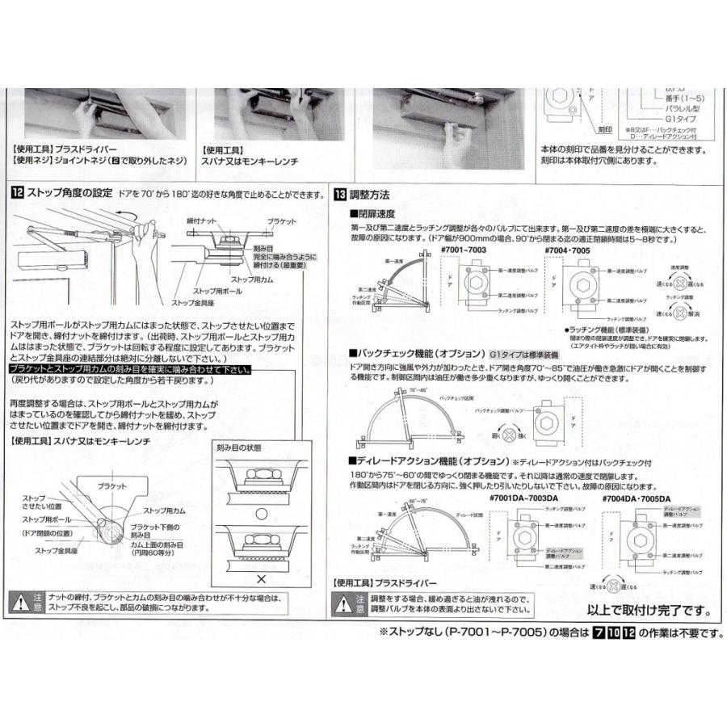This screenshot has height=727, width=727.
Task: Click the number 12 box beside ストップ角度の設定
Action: pyautogui.click(x=18, y=194)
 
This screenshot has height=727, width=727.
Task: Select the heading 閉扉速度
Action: pyautogui.click(x=373, y=214)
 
